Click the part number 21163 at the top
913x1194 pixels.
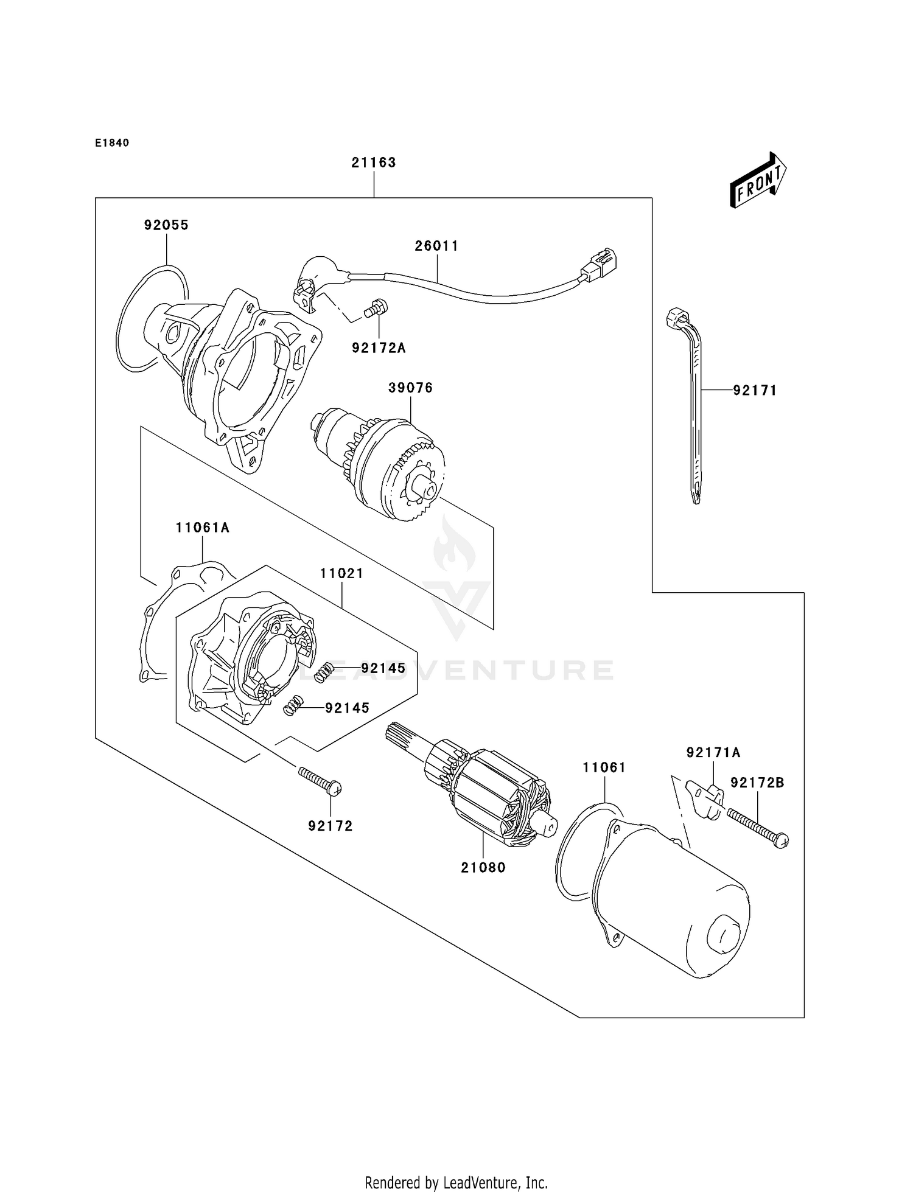(373, 162)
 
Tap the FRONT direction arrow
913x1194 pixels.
(758, 181)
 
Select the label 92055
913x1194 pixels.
(166, 225)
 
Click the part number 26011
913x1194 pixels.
(436, 246)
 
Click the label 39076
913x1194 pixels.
(411, 388)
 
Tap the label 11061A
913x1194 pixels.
(202, 528)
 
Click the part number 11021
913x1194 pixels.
(341, 573)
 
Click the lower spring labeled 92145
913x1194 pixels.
(294, 706)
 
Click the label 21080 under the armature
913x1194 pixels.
(483, 868)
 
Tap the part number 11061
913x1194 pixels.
(604, 768)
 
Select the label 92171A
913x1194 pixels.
(713, 753)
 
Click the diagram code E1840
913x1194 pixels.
(112, 143)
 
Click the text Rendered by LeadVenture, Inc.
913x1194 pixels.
(456, 1182)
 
